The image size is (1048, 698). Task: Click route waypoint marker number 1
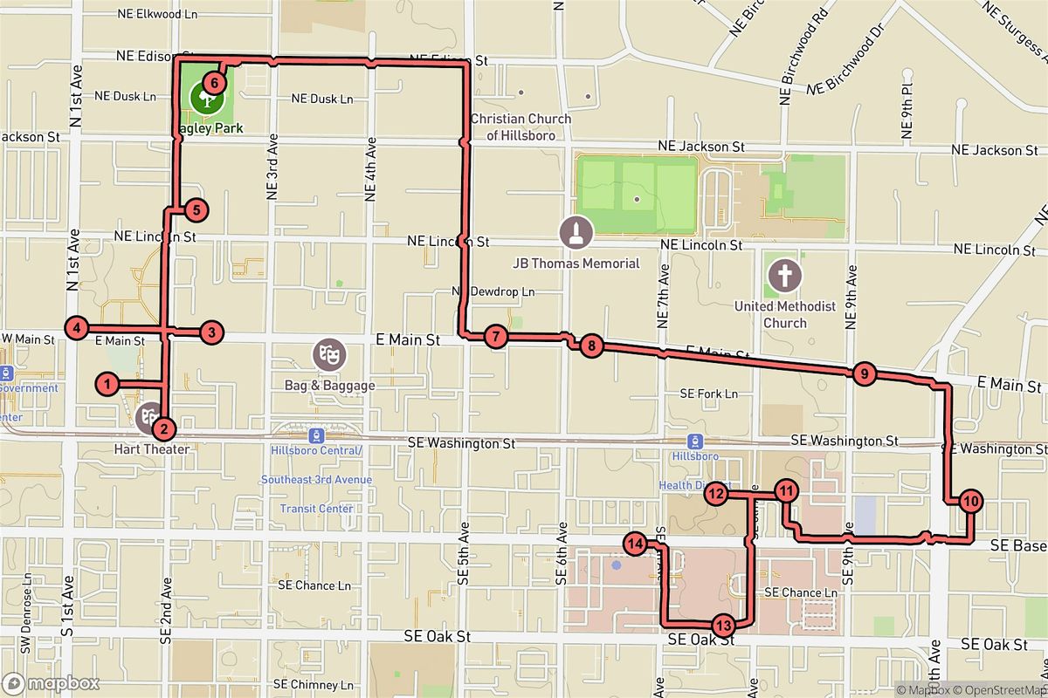(107, 384)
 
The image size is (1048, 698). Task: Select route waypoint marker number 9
(863, 374)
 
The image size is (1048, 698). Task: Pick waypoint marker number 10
(970, 501)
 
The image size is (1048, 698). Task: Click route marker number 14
(635, 544)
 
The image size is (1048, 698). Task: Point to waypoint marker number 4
(77, 328)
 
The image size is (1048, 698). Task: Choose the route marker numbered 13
(723, 625)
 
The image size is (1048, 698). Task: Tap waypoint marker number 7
(495, 336)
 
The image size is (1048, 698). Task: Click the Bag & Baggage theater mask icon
(330, 354)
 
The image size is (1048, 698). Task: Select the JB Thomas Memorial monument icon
(578, 232)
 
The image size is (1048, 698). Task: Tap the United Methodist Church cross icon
(783, 277)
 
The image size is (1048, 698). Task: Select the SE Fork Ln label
(709, 394)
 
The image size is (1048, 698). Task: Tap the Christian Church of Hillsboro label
(521, 127)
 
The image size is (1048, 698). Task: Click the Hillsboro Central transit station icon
(316, 435)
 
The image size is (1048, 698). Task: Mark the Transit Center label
(316, 509)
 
